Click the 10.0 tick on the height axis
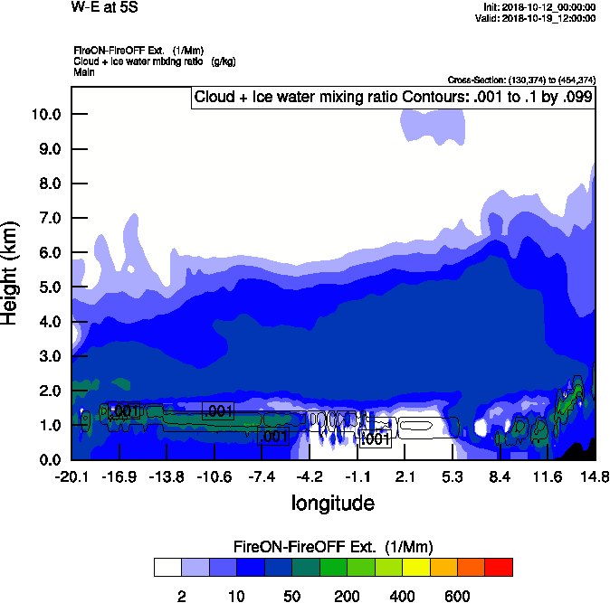click(x=45, y=114)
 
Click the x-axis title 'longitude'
click(x=333, y=502)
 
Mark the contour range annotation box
click(x=392, y=97)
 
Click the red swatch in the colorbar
click(x=499, y=567)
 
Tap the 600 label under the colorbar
click(x=457, y=596)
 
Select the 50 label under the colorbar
click(x=291, y=596)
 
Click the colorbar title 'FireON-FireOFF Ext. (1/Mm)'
click(x=334, y=547)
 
